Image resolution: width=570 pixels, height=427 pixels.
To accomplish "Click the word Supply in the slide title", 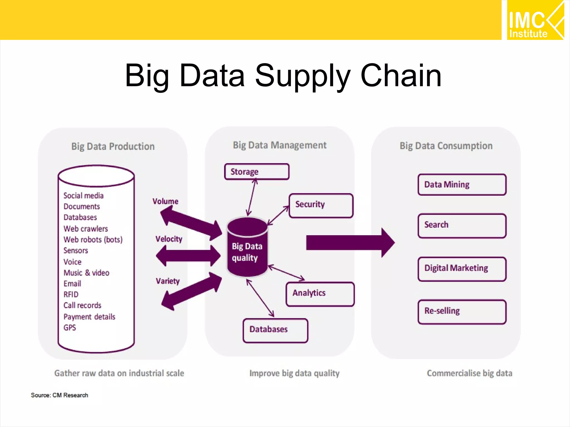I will point(302,76).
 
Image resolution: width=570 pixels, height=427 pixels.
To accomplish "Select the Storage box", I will point(257,172).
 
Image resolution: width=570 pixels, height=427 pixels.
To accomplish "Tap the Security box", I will point(321,205).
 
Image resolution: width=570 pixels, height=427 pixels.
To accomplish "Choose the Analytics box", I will point(320,294).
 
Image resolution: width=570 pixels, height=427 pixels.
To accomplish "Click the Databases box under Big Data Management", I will point(275,330).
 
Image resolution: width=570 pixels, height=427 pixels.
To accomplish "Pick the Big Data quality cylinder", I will point(247,247).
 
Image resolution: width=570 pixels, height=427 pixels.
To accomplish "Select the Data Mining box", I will point(462,185).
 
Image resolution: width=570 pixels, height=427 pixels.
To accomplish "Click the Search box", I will point(462,225).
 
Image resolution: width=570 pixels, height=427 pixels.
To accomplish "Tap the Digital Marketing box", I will point(462,269).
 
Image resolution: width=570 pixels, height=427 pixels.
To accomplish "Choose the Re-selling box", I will point(462,312).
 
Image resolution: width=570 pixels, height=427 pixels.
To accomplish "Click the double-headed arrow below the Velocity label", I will point(188,256).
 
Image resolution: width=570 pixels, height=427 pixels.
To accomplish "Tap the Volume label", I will point(165,201).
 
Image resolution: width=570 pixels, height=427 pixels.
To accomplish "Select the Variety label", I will point(168,281).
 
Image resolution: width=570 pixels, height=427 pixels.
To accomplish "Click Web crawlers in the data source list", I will point(86,229).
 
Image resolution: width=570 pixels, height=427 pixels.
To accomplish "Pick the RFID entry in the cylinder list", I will point(71,294).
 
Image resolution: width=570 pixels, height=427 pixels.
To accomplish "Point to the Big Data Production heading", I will point(113,147).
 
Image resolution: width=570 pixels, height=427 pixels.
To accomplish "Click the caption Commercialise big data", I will point(469,373).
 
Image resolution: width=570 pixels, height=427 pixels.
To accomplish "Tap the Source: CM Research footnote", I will point(59,395).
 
